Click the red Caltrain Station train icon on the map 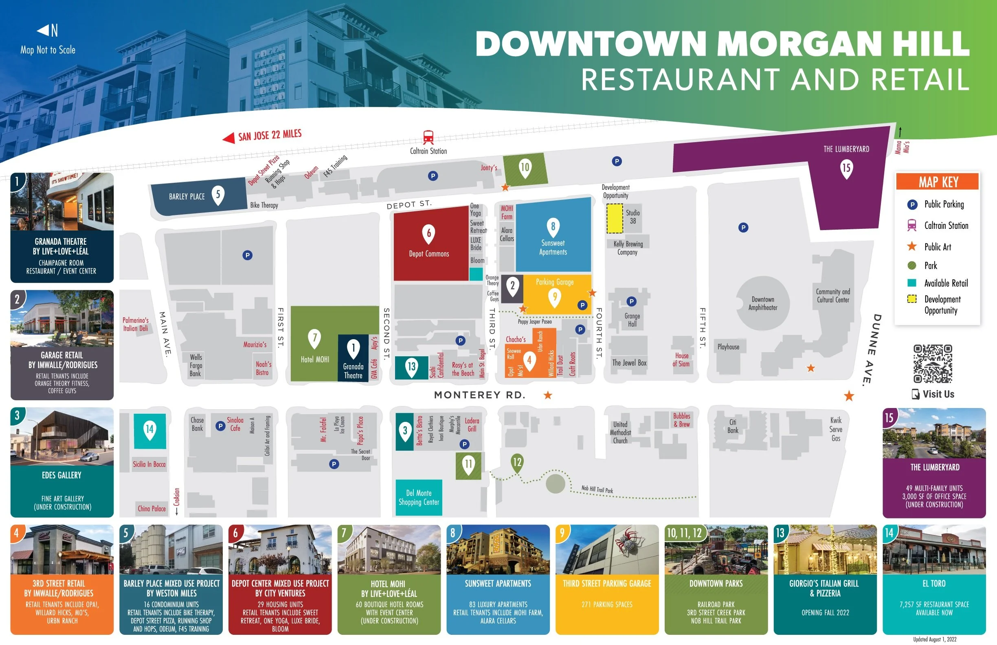(428, 137)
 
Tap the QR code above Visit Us (933, 364)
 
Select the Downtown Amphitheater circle (762, 303)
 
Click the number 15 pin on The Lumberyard (846, 168)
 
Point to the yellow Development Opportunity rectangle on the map (615, 218)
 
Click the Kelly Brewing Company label (628, 248)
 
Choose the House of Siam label (681, 360)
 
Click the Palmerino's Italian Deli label (135, 324)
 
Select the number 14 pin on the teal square (149, 430)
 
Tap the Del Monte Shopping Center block (418, 497)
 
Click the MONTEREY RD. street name (479, 395)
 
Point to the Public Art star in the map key (911, 246)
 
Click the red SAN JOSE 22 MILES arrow (229, 138)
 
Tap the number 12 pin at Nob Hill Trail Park (517, 463)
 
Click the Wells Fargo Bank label (195, 365)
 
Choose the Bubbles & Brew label (681, 420)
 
